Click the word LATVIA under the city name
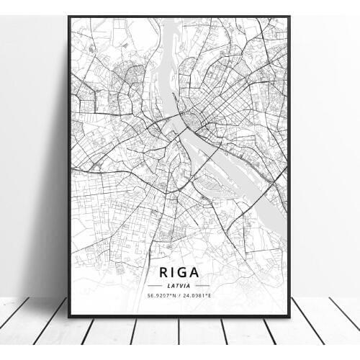(179, 287)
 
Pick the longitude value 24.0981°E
(198, 296)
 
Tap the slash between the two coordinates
(180, 296)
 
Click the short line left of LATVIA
(154, 287)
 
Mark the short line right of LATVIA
(205, 287)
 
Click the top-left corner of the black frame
(69, 16)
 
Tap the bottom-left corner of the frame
(69, 316)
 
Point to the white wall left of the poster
(32, 144)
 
